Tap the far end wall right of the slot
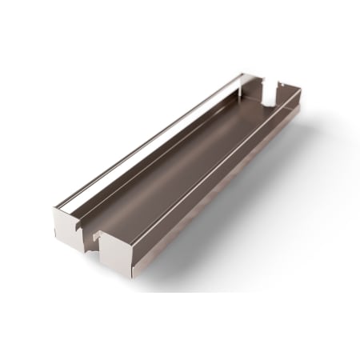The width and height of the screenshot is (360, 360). [284, 94]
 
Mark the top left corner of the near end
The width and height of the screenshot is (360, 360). [54, 210]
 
